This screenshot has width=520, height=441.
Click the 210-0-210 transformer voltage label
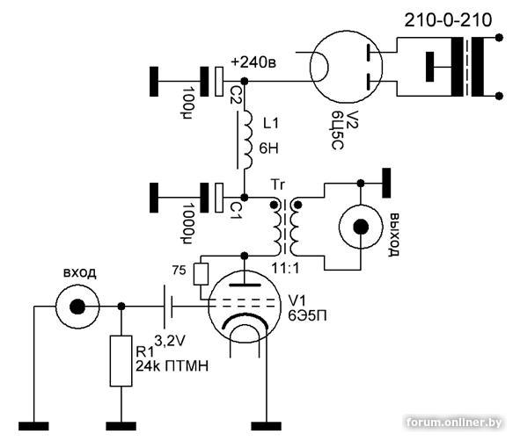coord(448,20)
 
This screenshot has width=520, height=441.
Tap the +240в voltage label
coord(253,62)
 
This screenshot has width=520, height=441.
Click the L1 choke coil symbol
coord(247,140)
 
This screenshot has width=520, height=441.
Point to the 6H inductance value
coord(268,148)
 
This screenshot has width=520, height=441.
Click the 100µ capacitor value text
coord(188,103)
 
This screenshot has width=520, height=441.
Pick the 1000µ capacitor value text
coord(188,223)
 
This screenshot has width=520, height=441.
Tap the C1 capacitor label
coord(237,212)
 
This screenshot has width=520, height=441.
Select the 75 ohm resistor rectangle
coord(201,274)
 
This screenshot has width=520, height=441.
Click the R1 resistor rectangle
coord(121,361)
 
